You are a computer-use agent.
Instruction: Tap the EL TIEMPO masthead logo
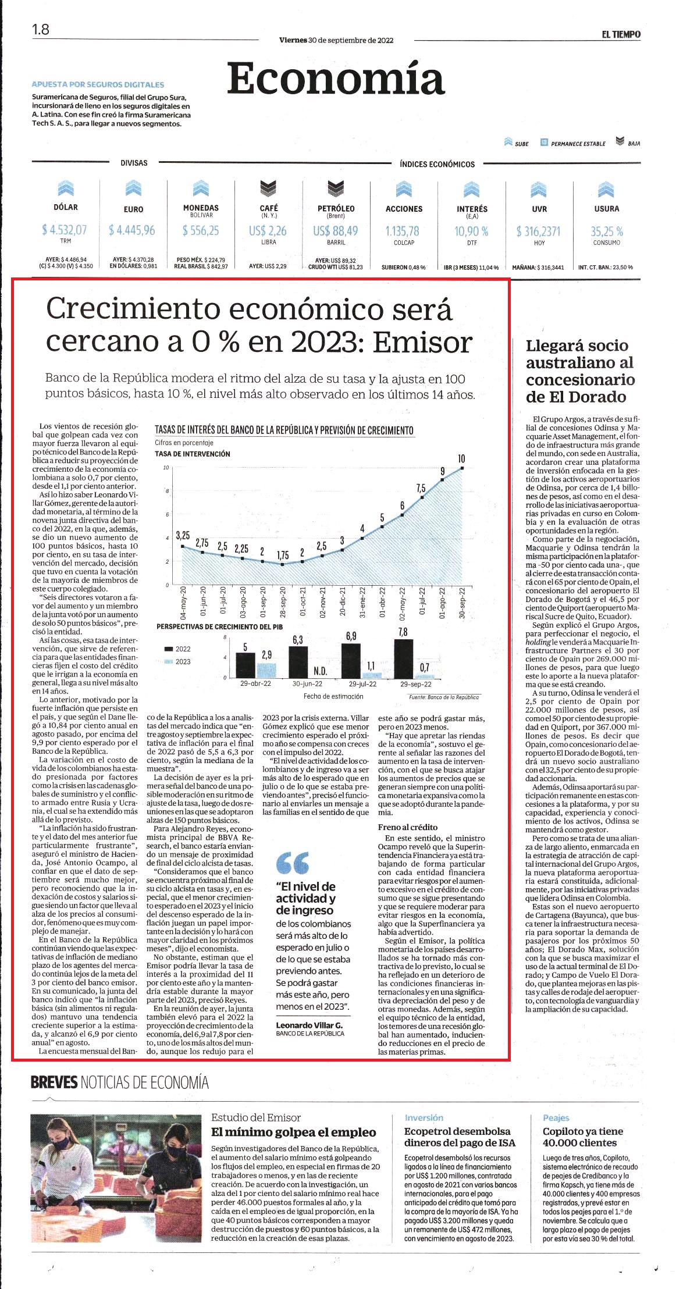621,34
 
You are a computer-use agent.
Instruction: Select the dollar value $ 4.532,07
64,230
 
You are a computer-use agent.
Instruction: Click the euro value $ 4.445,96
132,230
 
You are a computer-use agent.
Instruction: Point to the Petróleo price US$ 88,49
336,231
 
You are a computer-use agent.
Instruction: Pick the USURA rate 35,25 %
607,232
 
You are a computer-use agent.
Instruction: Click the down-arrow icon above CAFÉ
268,188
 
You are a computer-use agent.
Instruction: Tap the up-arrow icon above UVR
539,188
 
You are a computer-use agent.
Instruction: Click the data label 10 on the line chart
462,459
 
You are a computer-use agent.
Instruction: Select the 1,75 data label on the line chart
283,556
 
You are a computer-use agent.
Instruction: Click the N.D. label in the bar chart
320,671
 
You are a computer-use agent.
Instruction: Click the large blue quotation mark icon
293,863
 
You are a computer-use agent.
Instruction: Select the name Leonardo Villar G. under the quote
309,1025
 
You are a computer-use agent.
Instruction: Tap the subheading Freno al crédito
408,827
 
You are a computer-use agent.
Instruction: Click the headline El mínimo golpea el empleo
294,1132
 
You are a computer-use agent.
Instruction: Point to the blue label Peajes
556,1118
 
